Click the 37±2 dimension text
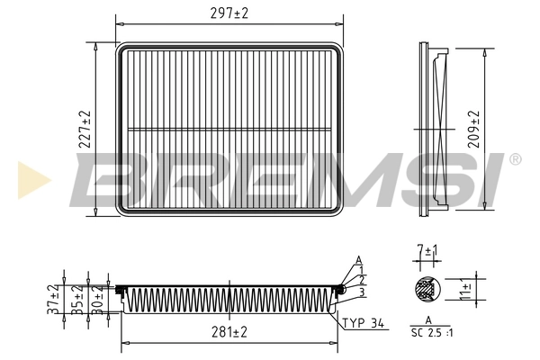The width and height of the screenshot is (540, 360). click(54, 298)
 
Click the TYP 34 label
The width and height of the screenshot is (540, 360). click(364, 321)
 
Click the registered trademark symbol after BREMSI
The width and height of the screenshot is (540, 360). click(514, 159)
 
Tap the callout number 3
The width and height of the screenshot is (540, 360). click(362, 292)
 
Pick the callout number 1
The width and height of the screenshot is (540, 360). click(362, 270)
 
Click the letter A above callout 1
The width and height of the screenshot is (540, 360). click(358, 260)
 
